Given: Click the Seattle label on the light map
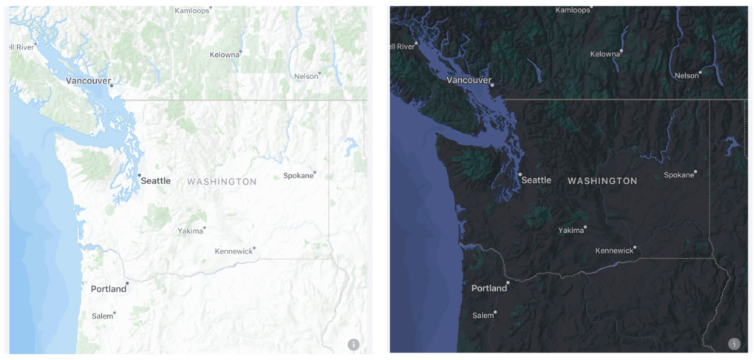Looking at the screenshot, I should point(156,180).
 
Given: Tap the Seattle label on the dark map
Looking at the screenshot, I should point(537,180).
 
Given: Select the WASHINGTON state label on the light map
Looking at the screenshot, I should point(222,181).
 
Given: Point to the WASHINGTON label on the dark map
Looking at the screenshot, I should point(602,180).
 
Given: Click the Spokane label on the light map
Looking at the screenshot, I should point(299,176).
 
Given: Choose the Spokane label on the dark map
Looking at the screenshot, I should point(679,175).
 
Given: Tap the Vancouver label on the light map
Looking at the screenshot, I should point(89,80).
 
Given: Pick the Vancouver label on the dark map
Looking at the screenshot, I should point(469,79).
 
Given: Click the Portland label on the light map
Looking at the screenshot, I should point(109,288).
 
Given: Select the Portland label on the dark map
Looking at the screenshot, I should point(489,288).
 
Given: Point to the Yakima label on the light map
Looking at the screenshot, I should point(190,231).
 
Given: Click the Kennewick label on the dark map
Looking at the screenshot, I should point(615,251).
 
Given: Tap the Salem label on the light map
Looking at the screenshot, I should point(103,316).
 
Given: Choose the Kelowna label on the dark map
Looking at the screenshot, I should point(605,54).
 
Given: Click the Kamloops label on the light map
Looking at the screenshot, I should point(191,10).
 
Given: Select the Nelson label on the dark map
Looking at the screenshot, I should point(687,75).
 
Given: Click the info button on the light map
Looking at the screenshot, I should point(353,344).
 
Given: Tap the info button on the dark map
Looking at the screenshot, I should point(734,344).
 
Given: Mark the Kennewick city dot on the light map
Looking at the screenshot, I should point(254,248).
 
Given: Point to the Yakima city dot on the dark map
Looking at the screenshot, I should point(585,228).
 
